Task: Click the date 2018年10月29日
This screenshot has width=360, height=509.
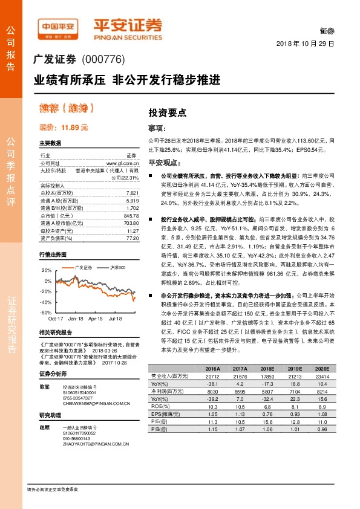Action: (x=305, y=45)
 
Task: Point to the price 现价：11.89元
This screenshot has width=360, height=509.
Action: (x=64, y=128)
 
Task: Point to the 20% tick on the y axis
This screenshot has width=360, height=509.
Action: (x=47, y=270)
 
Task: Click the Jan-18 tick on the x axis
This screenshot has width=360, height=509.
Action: (x=76, y=317)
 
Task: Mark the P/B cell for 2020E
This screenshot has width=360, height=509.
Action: (x=321, y=412)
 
